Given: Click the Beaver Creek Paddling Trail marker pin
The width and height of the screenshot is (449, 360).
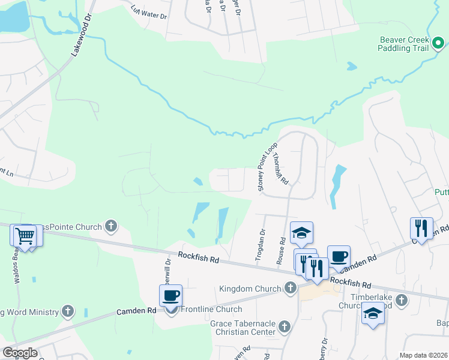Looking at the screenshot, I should tap(438, 43).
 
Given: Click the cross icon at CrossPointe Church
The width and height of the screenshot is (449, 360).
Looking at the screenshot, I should tap(110, 226).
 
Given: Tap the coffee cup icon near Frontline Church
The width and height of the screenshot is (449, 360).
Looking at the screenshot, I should tap(171, 295).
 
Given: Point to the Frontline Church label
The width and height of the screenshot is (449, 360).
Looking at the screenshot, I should tap(210, 309).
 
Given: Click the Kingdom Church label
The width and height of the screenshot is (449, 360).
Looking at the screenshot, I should tap(250, 289).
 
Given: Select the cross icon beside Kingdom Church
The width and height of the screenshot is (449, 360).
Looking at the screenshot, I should tap(290, 288).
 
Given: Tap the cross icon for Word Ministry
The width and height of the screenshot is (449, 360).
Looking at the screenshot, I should tap(68, 311).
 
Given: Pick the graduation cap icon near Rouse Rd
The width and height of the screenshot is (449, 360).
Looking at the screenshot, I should tap(302, 232).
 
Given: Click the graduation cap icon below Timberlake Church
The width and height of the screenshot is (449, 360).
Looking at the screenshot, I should tap(373, 313).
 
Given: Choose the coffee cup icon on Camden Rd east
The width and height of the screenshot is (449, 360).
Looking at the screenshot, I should tap(339, 256).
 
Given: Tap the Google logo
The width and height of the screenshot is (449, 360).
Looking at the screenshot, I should tap(20, 353).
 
